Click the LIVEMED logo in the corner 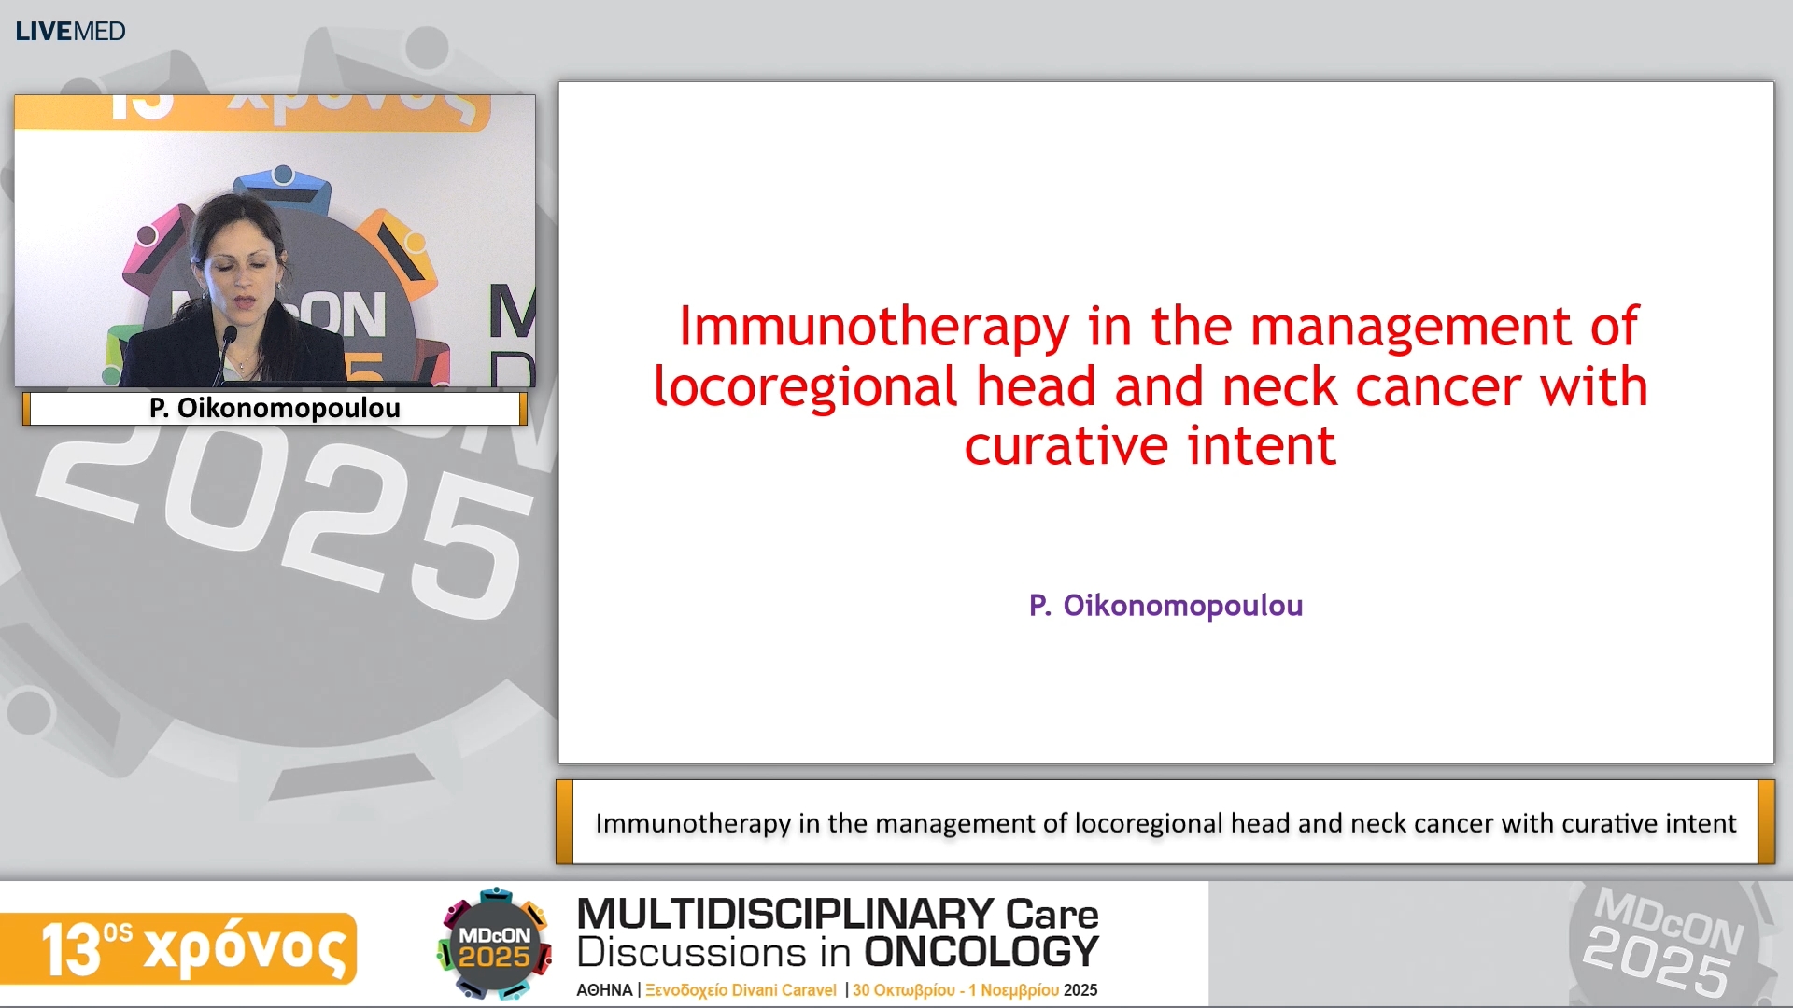click(x=70, y=31)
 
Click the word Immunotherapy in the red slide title click(x=873, y=327)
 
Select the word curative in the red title click(x=1066, y=446)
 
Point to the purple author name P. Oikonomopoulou click(x=1165, y=606)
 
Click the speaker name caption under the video click(x=275, y=408)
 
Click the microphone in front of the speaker click(x=228, y=341)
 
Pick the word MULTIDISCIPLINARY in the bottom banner click(x=784, y=914)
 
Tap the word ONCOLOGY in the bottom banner click(x=981, y=953)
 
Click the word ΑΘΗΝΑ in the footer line click(x=604, y=990)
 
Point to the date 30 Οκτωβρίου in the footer click(x=903, y=990)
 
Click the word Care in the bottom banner click(x=1052, y=914)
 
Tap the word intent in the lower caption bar click(x=1701, y=823)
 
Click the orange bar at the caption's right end click(x=1765, y=822)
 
